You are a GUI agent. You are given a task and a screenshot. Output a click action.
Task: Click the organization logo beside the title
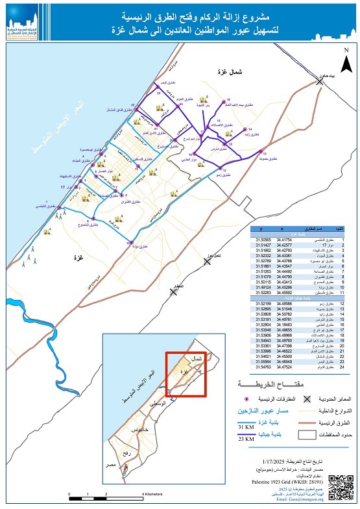point(24,24)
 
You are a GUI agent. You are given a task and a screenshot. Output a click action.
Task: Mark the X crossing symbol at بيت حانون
point(319,82)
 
